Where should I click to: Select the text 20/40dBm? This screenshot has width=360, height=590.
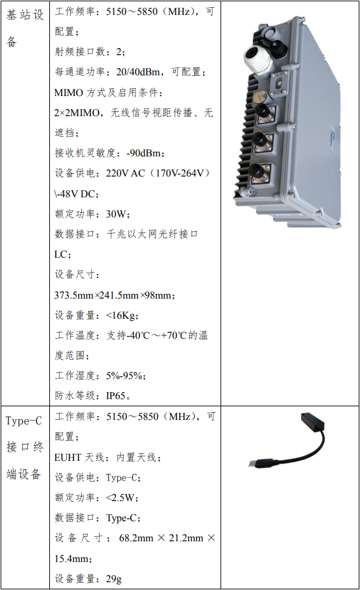coord(138,72)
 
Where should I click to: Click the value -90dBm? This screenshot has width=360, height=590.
coord(144,153)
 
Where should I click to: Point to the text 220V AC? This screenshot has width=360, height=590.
coord(125,173)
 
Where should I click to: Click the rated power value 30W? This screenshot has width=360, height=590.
coord(116,214)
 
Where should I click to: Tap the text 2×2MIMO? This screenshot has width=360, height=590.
coord(77,112)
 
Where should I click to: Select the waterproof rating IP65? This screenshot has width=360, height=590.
coord(116,396)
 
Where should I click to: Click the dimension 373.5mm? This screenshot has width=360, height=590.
coord(74,295)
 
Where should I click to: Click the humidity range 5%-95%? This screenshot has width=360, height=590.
coord(124,376)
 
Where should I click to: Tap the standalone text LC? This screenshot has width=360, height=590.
coord(60,254)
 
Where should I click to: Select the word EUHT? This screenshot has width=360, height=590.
coord(67,457)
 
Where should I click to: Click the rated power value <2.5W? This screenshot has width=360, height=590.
coord(121,498)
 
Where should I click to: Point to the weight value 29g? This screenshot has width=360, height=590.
coord(114,579)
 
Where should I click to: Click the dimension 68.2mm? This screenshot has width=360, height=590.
coord(136,538)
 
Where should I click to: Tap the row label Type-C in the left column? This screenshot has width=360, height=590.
coord(24,421)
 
